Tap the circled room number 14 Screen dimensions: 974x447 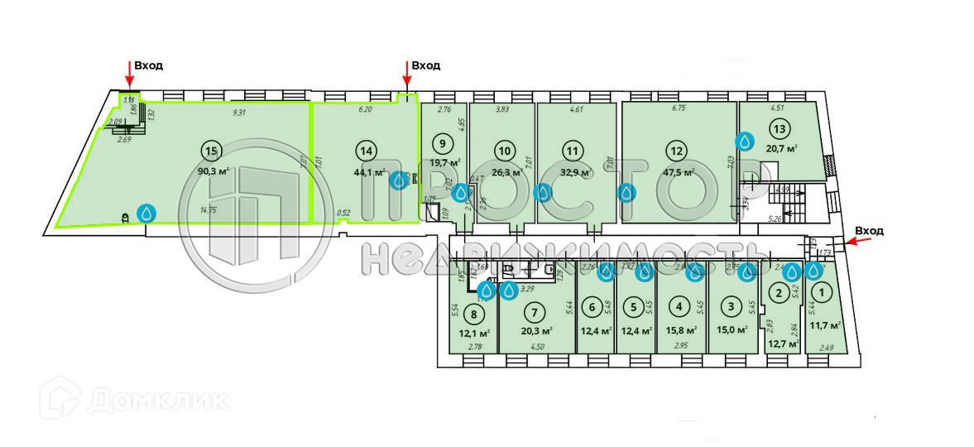click(x=365, y=150)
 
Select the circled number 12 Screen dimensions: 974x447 click(x=677, y=150)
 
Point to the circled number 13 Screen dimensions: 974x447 click(x=778, y=128)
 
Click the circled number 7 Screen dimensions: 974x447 click(x=535, y=312)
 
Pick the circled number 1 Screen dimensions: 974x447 click(x=821, y=291)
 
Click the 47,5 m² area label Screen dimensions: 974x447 click(x=677, y=172)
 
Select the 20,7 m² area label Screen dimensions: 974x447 click(x=781, y=148)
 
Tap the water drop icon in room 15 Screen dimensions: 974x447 click(x=146, y=214)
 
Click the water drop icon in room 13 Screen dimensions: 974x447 click(x=746, y=142)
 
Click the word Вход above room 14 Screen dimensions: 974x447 click(x=425, y=65)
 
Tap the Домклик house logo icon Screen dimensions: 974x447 click(x=61, y=398)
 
